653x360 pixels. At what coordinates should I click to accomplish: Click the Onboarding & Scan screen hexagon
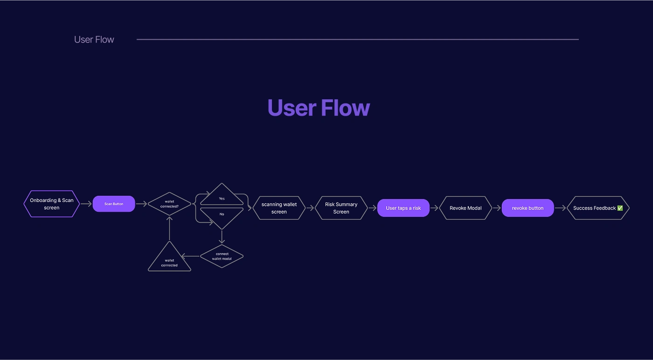pyautogui.click(x=52, y=204)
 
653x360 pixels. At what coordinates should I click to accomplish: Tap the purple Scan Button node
pyautogui.click(x=114, y=204)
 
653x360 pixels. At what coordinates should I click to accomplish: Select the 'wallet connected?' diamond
pyautogui.click(x=169, y=204)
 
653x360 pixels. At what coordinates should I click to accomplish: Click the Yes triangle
pyautogui.click(x=222, y=195)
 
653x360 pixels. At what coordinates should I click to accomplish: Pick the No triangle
pyautogui.click(x=222, y=217)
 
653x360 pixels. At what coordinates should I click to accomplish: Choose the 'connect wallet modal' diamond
pyautogui.click(x=222, y=256)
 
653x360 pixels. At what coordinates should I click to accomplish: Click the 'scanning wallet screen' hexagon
pyautogui.click(x=279, y=208)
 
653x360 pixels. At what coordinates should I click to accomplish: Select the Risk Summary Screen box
pyautogui.click(x=341, y=208)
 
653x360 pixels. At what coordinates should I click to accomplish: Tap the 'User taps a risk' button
pyautogui.click(x=403, y=208)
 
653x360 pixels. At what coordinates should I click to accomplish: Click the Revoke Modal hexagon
pyautogui.click(x=465, y=208)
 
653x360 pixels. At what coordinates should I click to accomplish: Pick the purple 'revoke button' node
pyautogui.click(x=528, y=208)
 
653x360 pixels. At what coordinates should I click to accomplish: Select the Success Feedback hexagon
pyautogui.click(x=598, y=208)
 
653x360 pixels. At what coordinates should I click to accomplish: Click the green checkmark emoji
pyautogui.click(x=620, y=208)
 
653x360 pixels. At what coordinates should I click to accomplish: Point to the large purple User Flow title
pyautogui.click(x=319, y=108)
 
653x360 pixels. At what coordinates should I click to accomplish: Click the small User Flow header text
pyautogui.click(x=94, y=39)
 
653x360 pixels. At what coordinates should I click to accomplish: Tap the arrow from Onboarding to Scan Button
pyautogui.click(x=86, y=204)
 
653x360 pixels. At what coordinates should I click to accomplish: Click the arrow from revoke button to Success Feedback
pyautogui.click(x=560, y=208)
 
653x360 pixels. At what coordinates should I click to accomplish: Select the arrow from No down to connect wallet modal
pyautogui.click(x=222, y=237)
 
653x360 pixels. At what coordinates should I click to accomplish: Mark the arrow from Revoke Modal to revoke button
pyautogui.click(x=497, y=208)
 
